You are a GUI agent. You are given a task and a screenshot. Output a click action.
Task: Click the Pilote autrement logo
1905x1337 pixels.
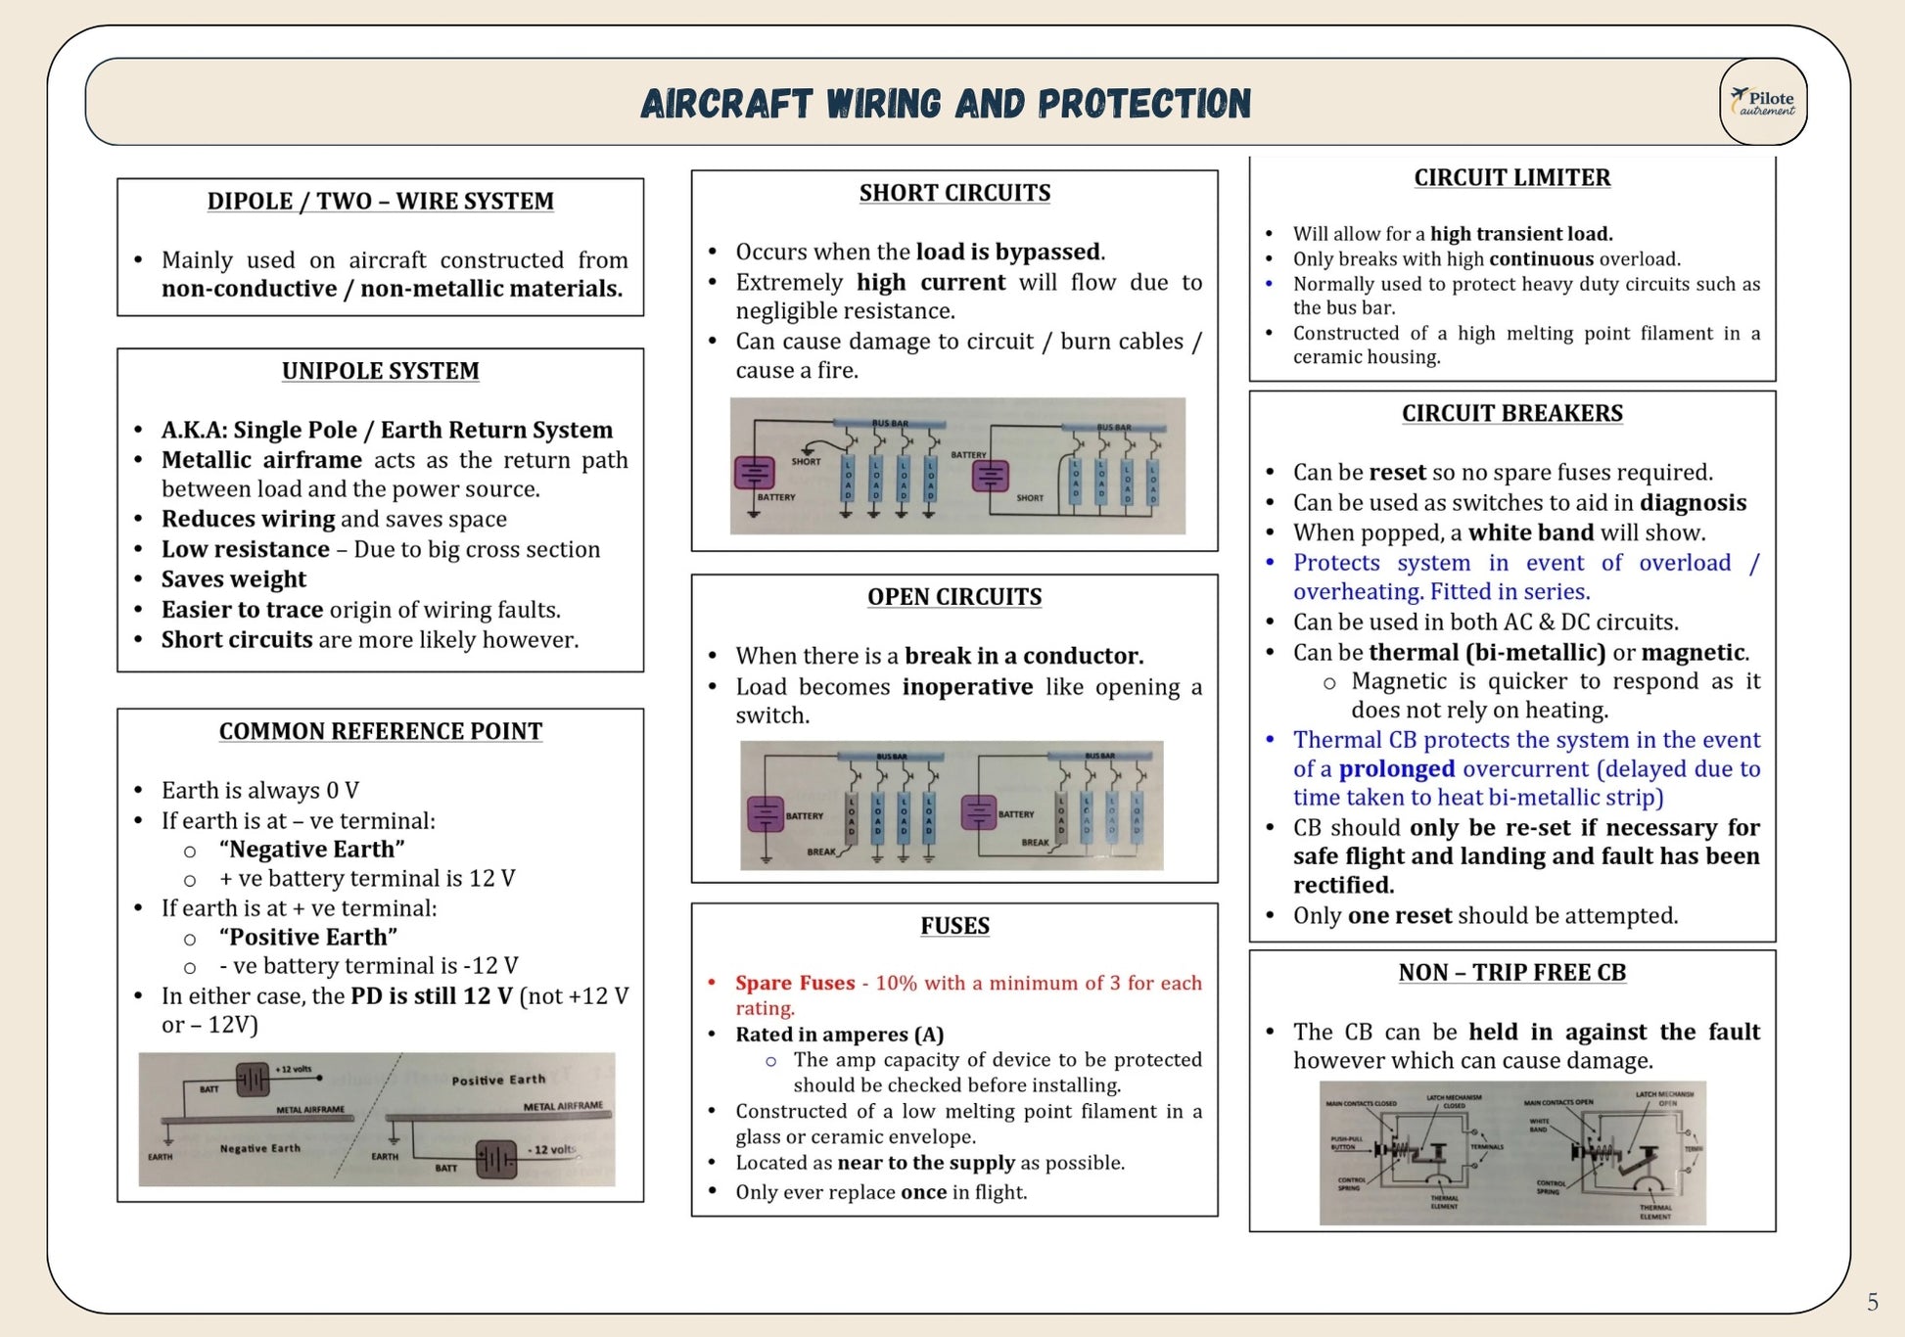1763,102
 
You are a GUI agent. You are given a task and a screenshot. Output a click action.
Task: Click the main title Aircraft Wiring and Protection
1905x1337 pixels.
946,104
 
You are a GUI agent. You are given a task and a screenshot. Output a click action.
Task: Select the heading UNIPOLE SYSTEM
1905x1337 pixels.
380,371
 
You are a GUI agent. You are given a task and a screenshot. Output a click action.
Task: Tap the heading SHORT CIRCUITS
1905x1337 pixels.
954,193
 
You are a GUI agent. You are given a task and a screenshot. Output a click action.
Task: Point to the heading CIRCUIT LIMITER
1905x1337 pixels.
1511,177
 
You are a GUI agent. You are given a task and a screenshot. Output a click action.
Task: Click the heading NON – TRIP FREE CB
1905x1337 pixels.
1511,972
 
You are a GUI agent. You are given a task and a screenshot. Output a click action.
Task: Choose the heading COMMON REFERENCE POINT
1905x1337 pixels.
380,731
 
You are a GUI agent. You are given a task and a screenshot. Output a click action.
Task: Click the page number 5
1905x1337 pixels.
1872,1302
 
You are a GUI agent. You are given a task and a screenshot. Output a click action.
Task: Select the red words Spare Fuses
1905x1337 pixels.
795,983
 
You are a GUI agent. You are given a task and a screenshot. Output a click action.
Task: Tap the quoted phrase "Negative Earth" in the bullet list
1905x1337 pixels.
311,849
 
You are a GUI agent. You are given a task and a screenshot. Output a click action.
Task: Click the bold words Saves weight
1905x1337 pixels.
234,579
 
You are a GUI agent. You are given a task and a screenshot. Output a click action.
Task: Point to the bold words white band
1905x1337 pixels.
1531,532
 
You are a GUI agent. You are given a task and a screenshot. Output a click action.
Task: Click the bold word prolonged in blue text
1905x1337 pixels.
1396,768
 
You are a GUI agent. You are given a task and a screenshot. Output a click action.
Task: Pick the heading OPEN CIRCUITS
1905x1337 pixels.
954,597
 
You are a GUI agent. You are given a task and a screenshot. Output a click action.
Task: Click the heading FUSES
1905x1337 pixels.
954,926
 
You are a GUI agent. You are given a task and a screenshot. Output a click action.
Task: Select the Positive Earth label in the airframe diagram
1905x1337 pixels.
498,1080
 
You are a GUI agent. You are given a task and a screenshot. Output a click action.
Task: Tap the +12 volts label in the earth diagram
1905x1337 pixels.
293,1069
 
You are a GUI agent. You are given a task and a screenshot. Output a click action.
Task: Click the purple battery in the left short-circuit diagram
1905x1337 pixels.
754,473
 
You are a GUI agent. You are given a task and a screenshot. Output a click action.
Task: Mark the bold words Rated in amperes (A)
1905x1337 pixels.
839,1034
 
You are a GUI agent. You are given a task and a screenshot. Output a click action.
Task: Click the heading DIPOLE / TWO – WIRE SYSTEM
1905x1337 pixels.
380,201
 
